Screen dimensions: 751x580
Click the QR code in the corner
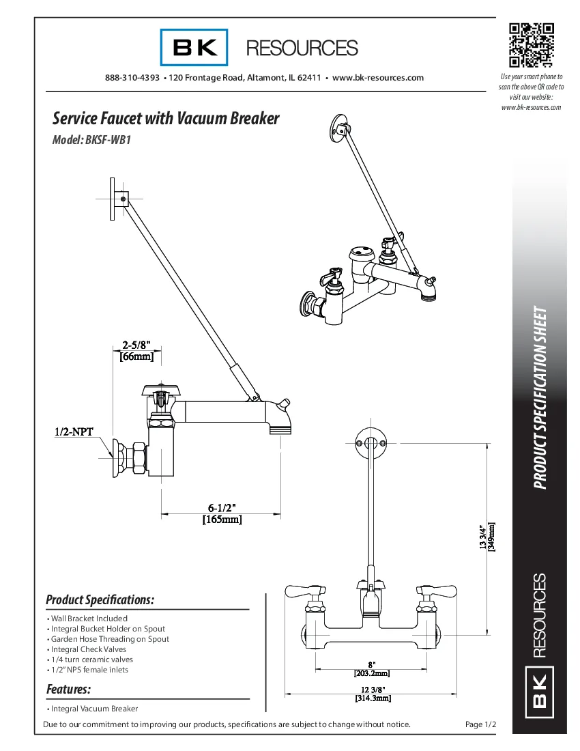(x=531, y=45)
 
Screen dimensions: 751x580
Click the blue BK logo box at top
(x=195, y=48)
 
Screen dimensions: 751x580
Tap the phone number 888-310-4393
(x=132, y=78)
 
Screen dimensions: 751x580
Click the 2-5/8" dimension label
(x=136, y=345)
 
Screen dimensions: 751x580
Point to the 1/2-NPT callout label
(x=74, y=431)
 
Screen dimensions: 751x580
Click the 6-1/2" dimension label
(x=222, y=508)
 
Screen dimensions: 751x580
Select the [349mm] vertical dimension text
(x=491, y=537)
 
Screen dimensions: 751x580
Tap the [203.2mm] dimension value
(x=371, y=673)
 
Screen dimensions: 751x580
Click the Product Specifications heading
(x=100, y=600)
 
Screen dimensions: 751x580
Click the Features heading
(x=68, y=690)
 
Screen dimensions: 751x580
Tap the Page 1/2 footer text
(x=480, y=724)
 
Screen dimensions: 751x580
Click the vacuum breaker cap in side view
(x=160, y=390)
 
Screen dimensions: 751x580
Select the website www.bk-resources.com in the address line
(x=378, y=78)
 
